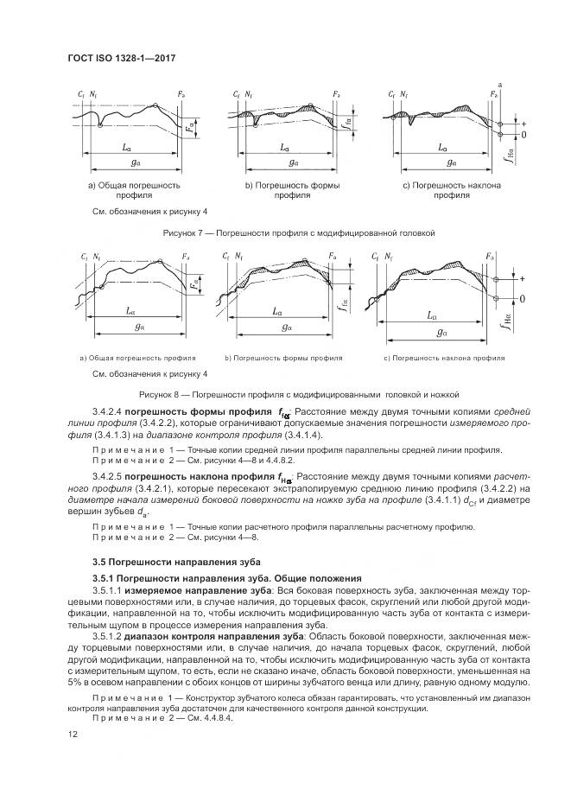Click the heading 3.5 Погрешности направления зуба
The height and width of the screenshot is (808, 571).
tap(153, 563)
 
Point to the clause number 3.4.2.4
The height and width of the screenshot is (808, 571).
tap(106, 412)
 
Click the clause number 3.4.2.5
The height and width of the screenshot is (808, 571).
tap(106, 476)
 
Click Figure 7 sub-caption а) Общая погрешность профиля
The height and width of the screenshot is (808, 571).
tap(133, 190)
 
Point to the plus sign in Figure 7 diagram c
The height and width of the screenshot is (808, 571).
tap(522, 124)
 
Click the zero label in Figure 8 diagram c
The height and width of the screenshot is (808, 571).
tap(522, 298)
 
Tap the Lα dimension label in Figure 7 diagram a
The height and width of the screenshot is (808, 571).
tap(128, 148)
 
